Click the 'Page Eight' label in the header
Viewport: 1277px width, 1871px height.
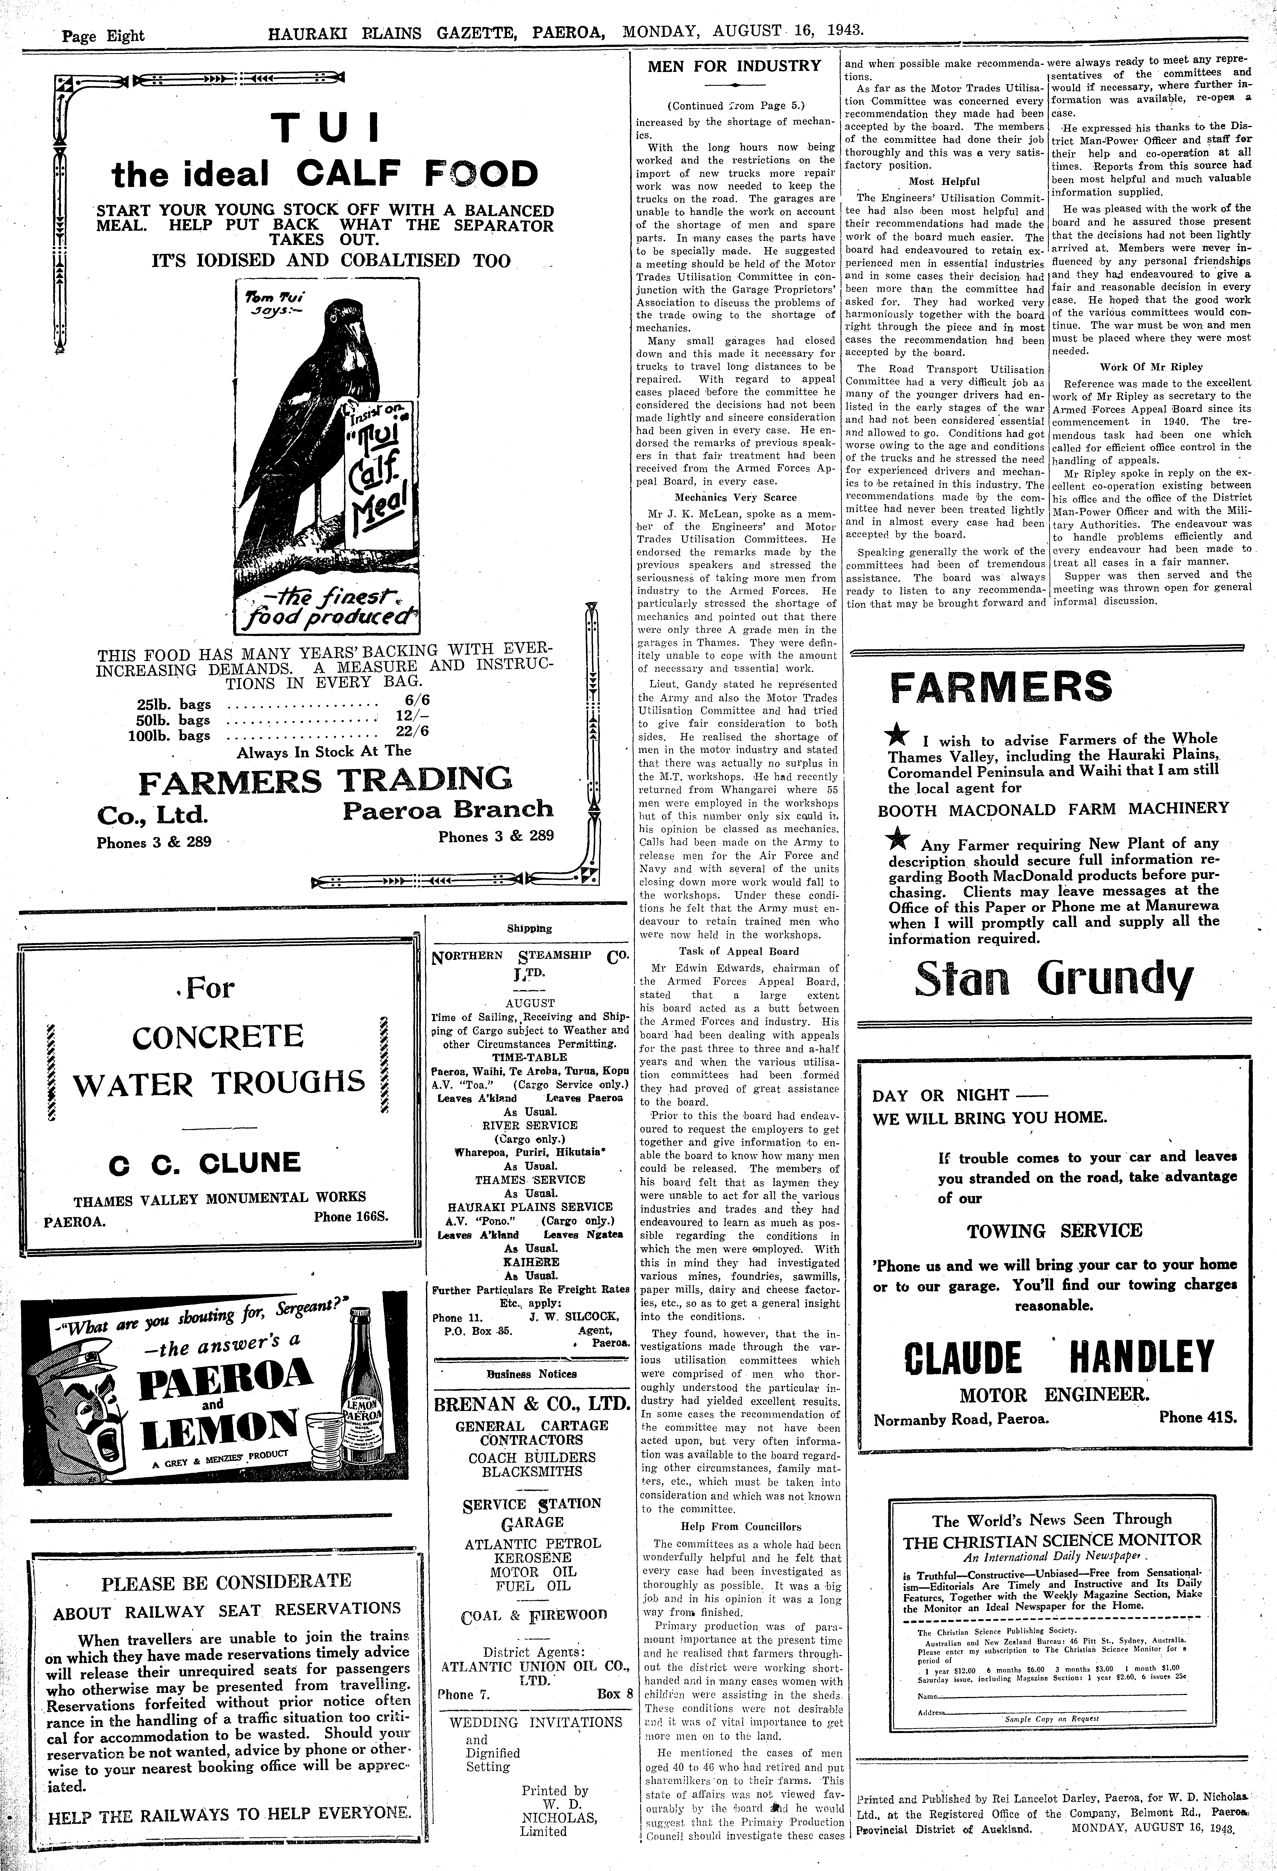click(103, 35)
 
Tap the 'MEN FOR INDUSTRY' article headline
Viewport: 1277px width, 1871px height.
click(734, 66)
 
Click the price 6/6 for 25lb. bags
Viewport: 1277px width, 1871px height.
click(417, 701)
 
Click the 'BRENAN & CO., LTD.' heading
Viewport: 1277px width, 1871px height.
click(531, 1405)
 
